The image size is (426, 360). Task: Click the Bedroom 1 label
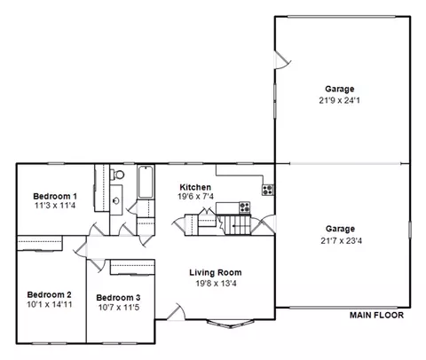[x=55, y=196]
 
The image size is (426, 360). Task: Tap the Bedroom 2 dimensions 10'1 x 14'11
[x=50, y=304]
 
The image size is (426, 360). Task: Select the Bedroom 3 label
[x=118, y=298]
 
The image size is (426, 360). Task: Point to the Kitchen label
[x=195, y=187]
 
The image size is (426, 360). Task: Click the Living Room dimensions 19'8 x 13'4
[x=216, y=284]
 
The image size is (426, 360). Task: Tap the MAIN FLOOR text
[x=376, y=315]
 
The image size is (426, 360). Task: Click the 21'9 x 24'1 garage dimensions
[x=339, y=100]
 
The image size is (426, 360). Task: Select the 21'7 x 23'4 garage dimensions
[x=341, y=240]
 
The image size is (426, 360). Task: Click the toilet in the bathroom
[x=117, y=175]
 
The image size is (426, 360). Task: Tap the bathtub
[x=146, y=182]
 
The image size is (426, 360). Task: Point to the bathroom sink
[x=116, y=200]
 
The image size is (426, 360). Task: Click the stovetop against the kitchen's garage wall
[x=268, y=190]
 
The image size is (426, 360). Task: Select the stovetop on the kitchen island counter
[x=245, y=207]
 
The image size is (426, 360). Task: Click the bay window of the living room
[x=230, y=324]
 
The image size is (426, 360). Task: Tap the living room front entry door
[x=176, y=312]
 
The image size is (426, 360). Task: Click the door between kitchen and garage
[x=264, y=224]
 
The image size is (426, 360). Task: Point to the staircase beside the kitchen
[x=238, y=225]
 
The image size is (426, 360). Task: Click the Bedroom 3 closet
[x=132, y=268]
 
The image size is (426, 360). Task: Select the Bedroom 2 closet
[x=40, y=243]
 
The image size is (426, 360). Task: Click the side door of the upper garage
[x=282, y=60]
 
